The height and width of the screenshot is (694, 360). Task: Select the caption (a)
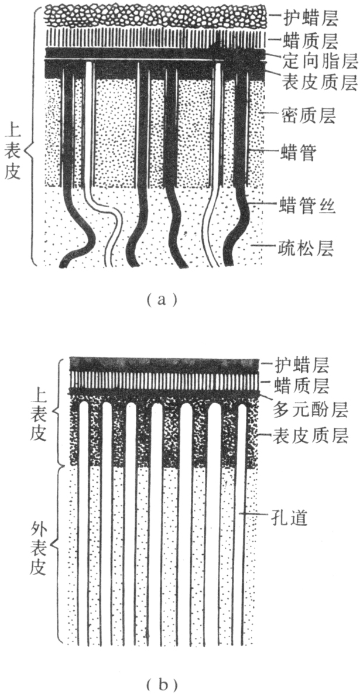coord(159,300)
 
